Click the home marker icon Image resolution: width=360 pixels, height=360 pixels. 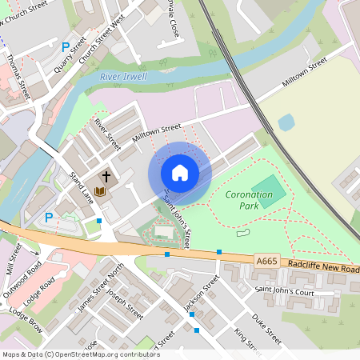pyautogui.click(x=180, y=173)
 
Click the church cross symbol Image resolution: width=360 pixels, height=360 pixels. pyautogui.click(x=106, y=175)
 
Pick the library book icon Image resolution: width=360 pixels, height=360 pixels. pyautogui.click(x=99, y=191)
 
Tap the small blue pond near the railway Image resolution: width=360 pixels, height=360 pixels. pyautogui.click(x=286, y=122)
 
